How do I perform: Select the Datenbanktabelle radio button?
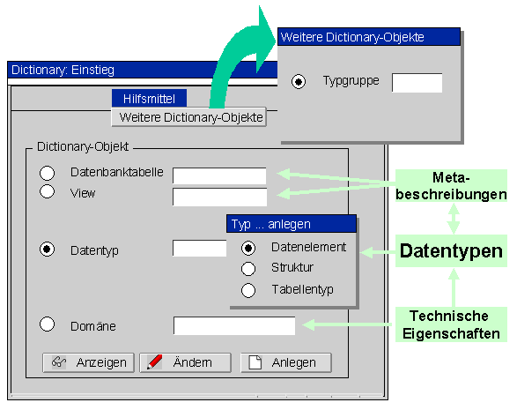[48, 173]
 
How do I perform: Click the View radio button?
[48, 191]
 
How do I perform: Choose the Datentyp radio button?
[48, 250]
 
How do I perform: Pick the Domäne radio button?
[48, 324]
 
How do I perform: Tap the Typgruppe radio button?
[299, 82]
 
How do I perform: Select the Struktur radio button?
[248, 269]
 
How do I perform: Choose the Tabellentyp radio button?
[248, 290]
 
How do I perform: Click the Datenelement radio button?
[248, 249]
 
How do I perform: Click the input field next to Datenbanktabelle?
[219, 176]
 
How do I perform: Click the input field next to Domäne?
[234, 326]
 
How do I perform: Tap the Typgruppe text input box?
[417, 83]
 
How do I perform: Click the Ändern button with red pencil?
[185, 362]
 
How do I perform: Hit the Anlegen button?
[286, 362]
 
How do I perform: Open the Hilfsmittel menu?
[149, 99]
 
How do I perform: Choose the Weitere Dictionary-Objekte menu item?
[189, 117]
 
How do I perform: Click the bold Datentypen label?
[451, 251]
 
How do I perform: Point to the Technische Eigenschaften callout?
[451, 324]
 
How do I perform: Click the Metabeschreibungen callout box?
[451, 185]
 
